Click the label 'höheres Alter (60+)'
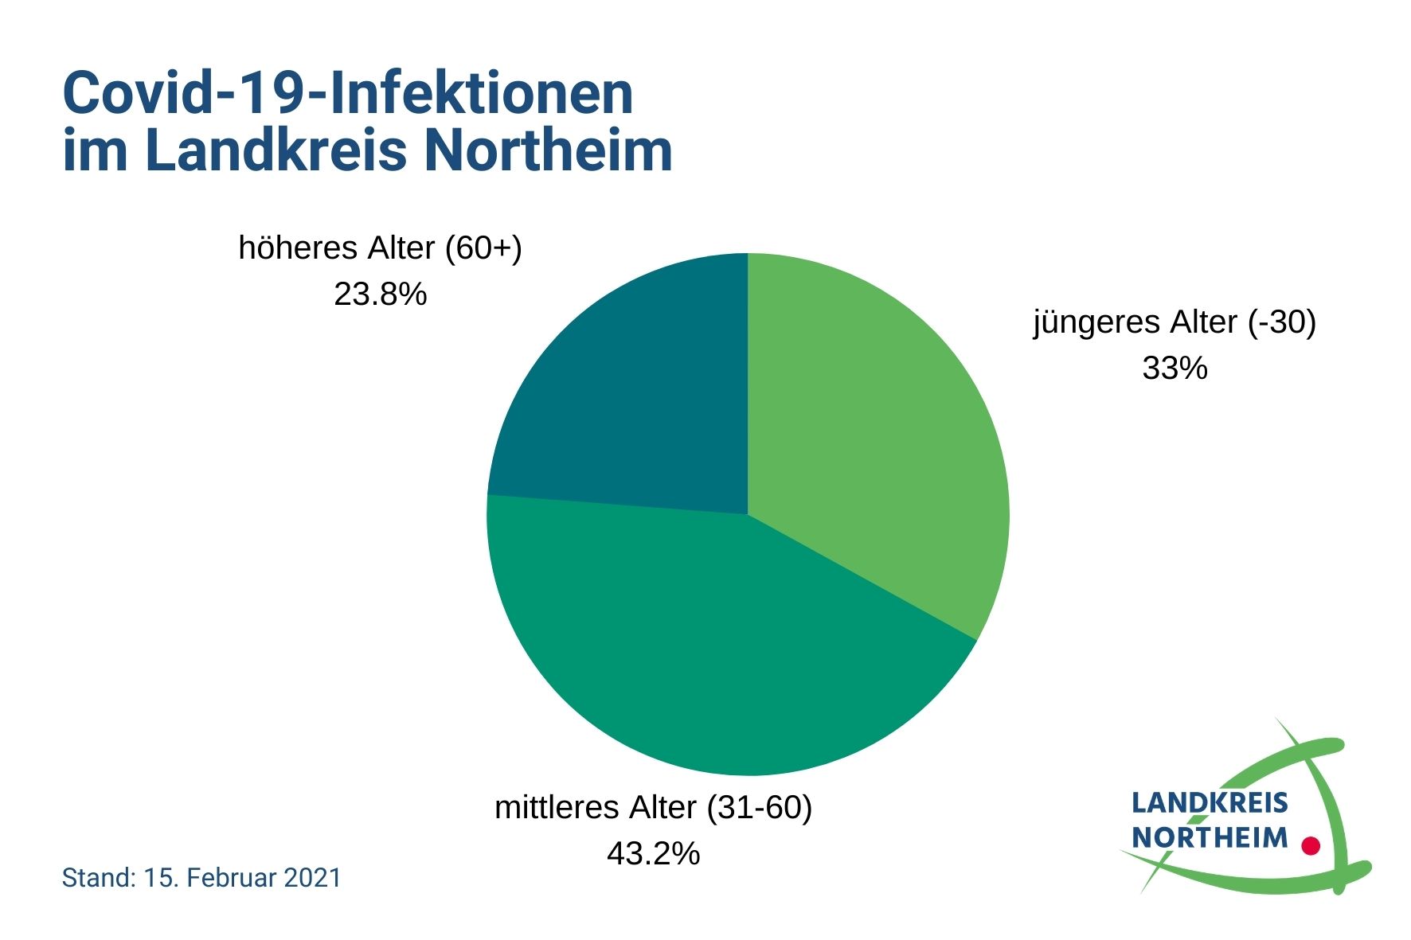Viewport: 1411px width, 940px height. (380, 248)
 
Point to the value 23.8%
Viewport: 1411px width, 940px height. (380, 294)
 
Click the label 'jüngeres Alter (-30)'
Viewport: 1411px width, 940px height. (1175, 322)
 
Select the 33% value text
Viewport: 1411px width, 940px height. (1175, 369)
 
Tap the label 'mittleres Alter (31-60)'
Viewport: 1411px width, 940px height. (653, 808)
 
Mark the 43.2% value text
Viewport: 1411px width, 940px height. (653, 854)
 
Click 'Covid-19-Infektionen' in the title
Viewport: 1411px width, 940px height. (348, 94)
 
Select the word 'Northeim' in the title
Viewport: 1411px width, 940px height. (549, 150)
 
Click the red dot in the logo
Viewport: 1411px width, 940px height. (1310, 845)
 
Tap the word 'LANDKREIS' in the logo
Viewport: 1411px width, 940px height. (1209, 803)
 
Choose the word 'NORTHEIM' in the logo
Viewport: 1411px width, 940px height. (1209, 837)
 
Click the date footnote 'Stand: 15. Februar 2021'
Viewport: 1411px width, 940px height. (201, 878)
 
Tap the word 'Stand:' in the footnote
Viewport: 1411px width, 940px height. (98, 878)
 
